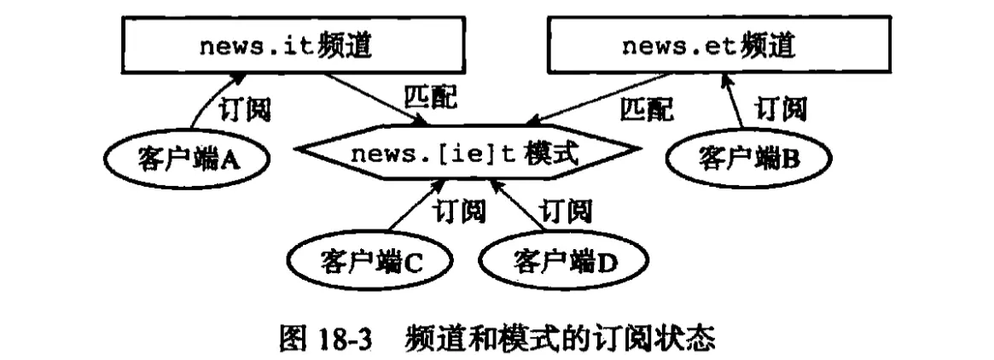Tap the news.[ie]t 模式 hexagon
click(x=465, y=156)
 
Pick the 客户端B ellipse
click(x=747, y=157)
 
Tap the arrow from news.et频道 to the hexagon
click(x=597, y=101)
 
